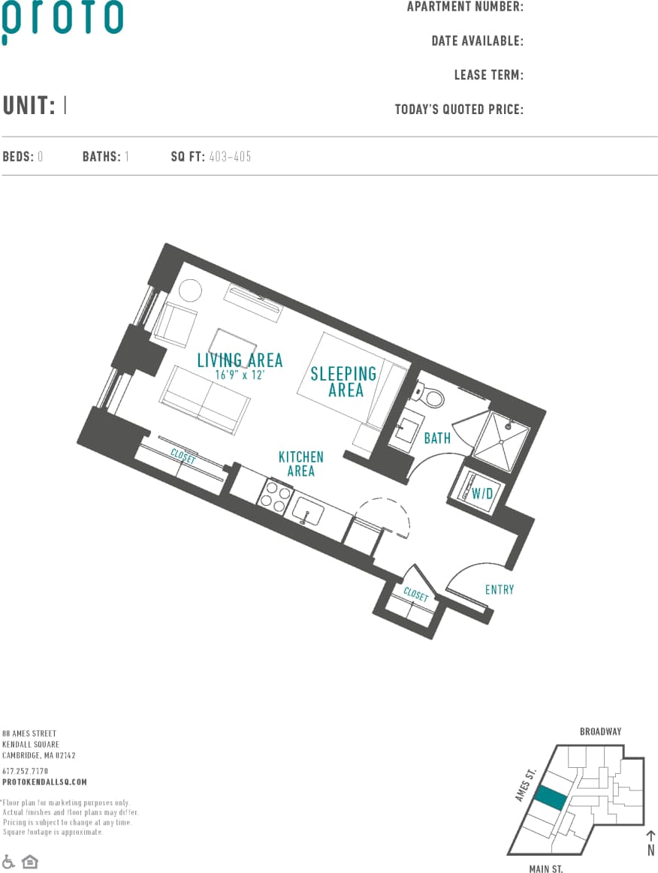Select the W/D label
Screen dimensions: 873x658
click(481, 493)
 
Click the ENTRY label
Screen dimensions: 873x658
click(500, 589)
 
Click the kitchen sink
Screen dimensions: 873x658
click(309, 513)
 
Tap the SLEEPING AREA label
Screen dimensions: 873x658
click(343, 381)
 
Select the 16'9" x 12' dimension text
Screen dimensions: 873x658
click(240, 375)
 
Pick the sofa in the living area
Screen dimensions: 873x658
click(205, 399)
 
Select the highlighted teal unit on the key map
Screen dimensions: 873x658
click(551, 797)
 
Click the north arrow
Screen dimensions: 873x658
click(650, 838)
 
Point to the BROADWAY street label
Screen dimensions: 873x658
click(600, 731)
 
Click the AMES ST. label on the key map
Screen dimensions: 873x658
click(525, 784)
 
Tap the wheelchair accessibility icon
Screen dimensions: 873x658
click(9, 861)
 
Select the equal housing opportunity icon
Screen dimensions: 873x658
click(29, 861)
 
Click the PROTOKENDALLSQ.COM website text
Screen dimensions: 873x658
click(44, 781)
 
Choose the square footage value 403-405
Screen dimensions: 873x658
click(231, 157)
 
